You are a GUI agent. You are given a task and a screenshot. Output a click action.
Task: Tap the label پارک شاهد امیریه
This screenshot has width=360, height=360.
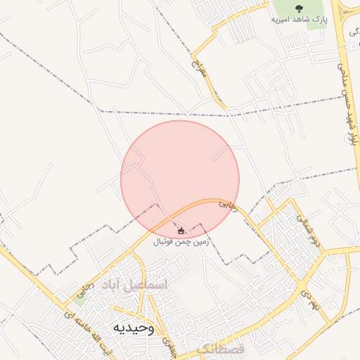tap(300, 19)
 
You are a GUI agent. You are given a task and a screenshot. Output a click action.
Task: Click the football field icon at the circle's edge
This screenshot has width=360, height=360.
tap(181, 231)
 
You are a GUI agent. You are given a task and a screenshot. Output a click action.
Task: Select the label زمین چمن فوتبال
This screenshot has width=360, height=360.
tap(181, 241)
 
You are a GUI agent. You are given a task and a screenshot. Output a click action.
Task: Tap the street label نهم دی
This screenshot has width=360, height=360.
tap(309, 299)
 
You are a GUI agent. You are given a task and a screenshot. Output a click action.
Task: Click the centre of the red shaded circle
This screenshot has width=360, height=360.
tap(180, 179)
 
